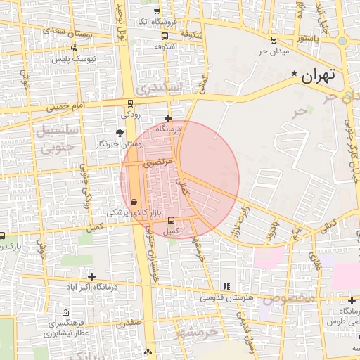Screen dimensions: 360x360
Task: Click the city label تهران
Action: pos(319,75)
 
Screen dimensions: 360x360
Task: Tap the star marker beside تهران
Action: pos(294,74)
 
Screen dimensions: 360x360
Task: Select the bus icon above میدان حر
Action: pos(273,39)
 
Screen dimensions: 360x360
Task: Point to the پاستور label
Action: pos(307,38)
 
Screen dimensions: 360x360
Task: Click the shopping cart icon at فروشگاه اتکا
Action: pos(156,11)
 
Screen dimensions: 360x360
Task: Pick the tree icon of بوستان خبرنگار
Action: pos(119,132)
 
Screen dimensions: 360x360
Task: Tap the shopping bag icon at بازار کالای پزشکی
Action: pos(134,202)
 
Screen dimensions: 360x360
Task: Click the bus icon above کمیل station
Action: pos(171,219)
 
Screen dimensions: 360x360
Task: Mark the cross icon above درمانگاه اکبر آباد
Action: pos(91,276)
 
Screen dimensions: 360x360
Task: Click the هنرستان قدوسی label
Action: pos(226,297)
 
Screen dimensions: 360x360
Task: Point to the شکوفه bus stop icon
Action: pos(165,36)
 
